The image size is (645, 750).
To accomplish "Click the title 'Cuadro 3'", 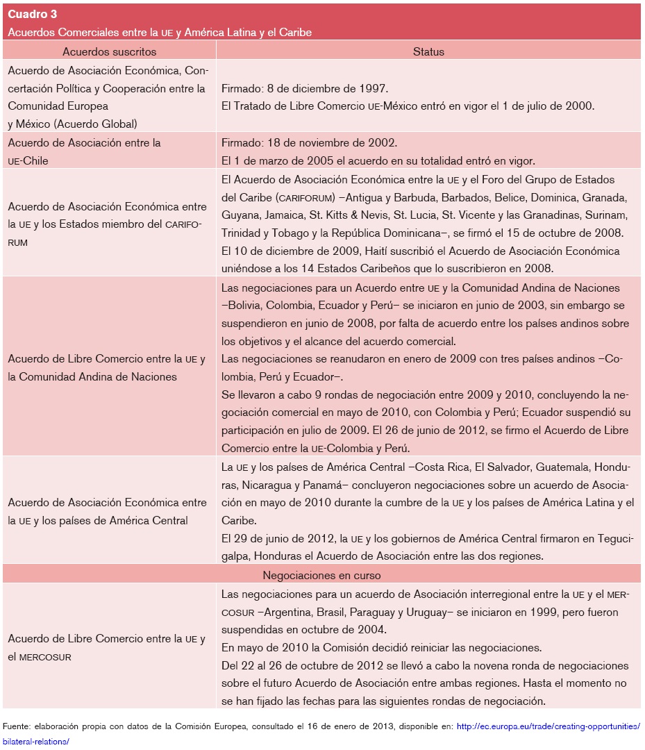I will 32,14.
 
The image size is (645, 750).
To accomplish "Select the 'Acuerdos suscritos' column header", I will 109,51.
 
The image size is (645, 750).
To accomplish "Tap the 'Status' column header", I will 428,51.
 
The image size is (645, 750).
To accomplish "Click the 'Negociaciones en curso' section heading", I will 321,575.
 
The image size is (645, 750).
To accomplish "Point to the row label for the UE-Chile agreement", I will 84,151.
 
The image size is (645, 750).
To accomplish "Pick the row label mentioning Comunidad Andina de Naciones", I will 106,368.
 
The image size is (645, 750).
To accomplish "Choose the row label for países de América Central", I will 107,511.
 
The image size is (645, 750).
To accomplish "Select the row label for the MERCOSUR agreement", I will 106,647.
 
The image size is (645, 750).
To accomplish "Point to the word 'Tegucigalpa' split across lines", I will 615,539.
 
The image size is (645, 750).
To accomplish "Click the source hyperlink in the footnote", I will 548,726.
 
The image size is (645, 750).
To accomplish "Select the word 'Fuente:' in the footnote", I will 19,726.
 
